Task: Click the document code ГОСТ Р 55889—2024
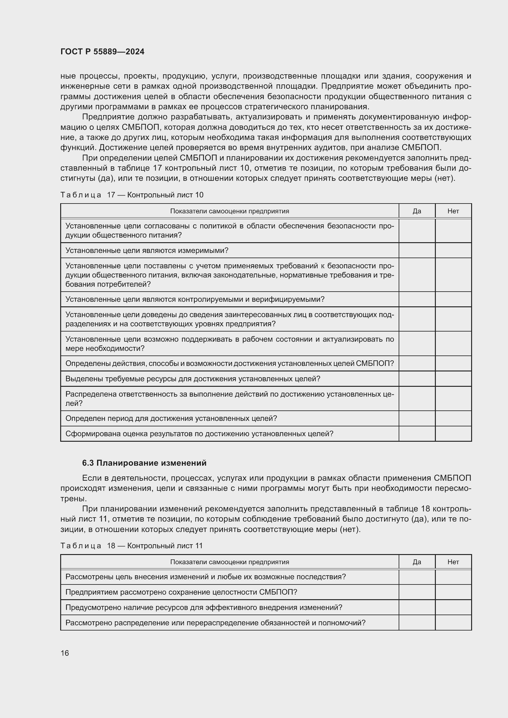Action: (x=102, y=52)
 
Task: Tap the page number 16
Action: (x=65, y=653)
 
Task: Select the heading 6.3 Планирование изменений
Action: (x=144, y=463)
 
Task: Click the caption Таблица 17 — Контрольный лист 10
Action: (x=132, y=195)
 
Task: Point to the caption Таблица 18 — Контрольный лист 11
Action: (x=131, y=546)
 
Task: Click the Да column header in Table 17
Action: (x=417, y=211)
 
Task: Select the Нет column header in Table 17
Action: (x=453, y=211)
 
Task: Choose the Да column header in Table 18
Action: (x=417, y=562)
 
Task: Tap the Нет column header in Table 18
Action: (x=453, y=562)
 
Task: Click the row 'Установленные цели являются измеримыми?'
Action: (x=147, y=250)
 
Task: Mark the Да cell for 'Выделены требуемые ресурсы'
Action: (x=417, y=379)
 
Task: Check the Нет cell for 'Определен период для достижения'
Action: (x=453, y=418)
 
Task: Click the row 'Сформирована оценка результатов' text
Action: (x=199, y=434)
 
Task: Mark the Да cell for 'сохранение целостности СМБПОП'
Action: (x=417, y=592)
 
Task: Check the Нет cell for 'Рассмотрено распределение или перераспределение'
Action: (x=453, y=623)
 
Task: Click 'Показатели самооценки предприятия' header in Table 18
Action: (x=229, y=562)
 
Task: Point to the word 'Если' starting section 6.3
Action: (x=89, y=478)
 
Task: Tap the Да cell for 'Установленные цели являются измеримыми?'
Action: (x=417, y=250)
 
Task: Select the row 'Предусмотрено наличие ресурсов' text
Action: (x=204, y=607)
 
